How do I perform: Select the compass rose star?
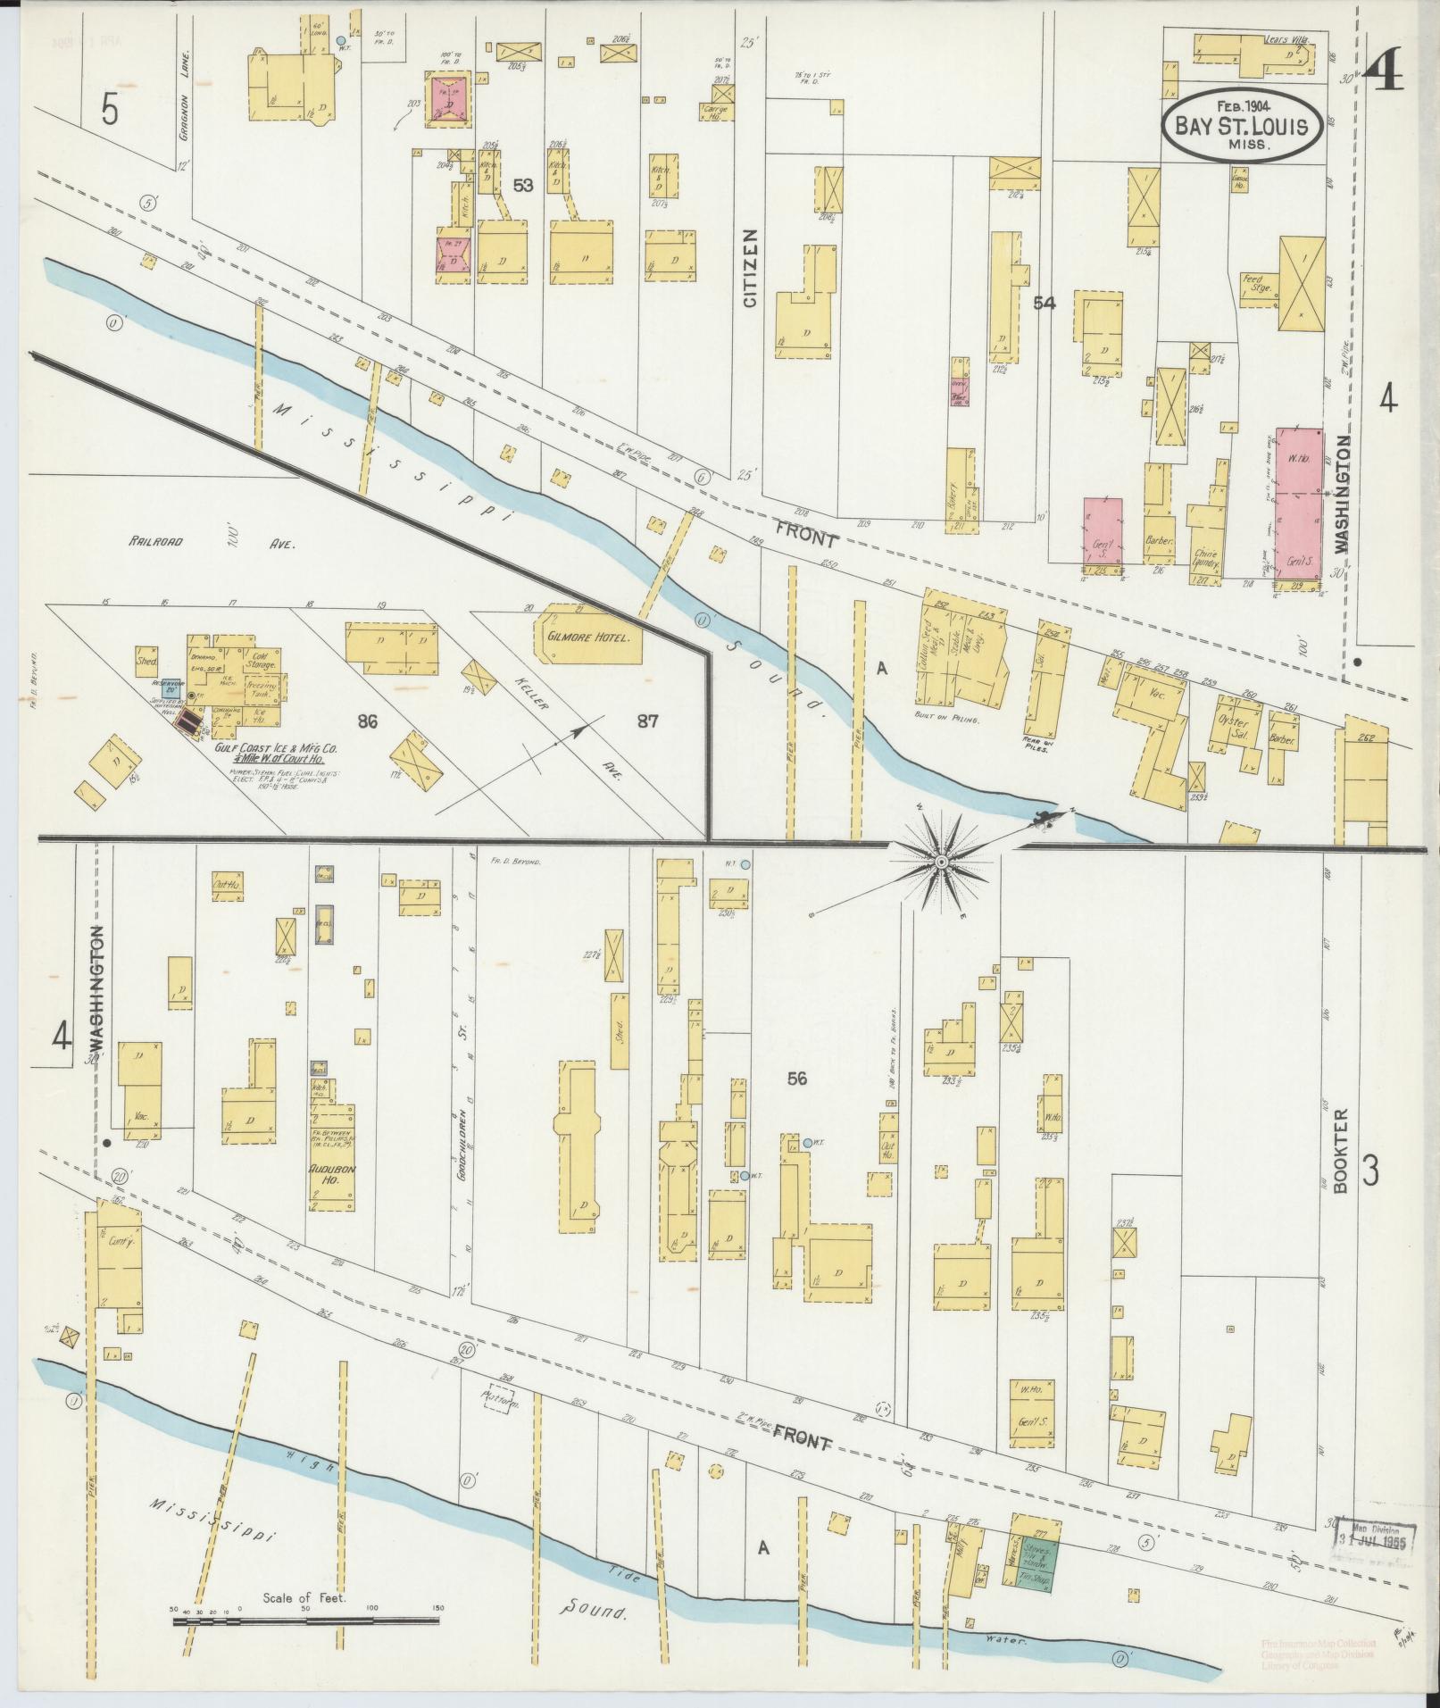coord(941,862)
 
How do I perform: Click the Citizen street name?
coord(749,269)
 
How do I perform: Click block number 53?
coord(524,185)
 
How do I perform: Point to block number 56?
coord(797,1079)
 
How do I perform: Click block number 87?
coord(647,721)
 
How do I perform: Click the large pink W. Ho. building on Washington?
coord(1297,505)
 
